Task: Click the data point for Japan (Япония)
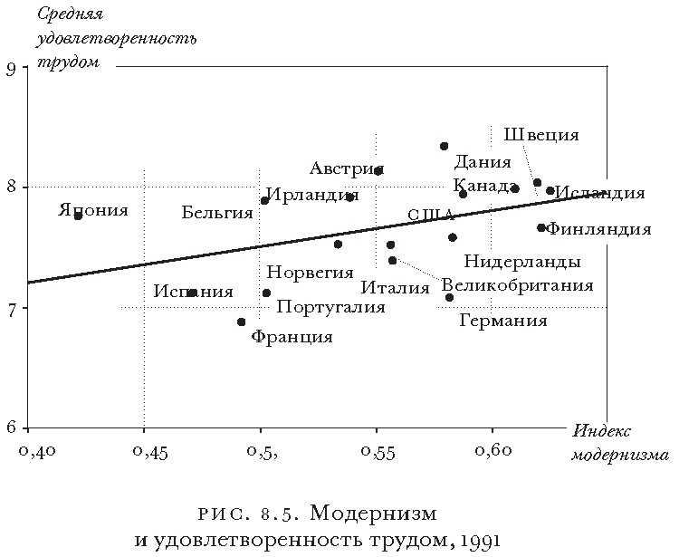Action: (x=78, y=216)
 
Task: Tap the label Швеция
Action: (x=541, y=135)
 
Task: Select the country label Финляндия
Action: (x=599, y=229)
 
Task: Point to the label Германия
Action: (x=503, y=321)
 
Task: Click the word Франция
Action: (x=292, y=337)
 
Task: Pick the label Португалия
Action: (x=330, y=307)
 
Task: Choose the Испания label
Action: (x=193, y=292)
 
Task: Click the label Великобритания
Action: (x=518, y=285)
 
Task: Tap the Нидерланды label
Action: (x=522, y=263)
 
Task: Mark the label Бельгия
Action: (x=216, y=213)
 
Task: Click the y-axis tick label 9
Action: (x=12, y=69)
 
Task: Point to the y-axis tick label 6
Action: (x=12, y=427)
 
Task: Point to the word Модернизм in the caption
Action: (x=374, y=514)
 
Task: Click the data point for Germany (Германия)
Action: (x=449, y=297)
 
